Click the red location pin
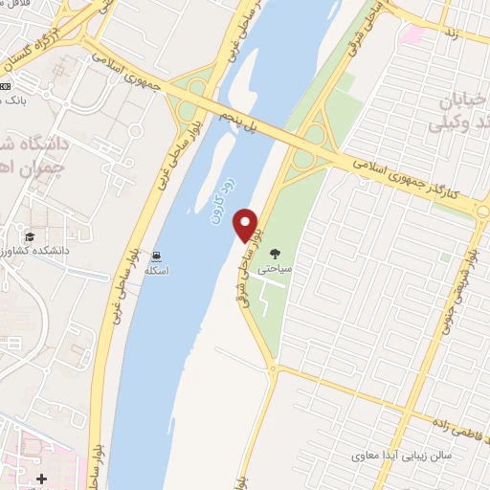pos(247,224)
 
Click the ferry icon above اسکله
pos(156,256)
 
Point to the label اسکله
pos(156,272)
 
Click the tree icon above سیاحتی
pos(275,255)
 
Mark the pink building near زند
pos(413,35)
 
